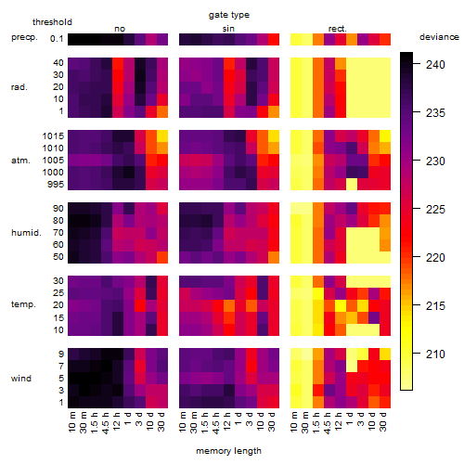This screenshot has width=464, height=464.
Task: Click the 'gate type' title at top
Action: click(229, 15)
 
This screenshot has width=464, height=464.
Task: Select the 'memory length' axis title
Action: click(228, 451)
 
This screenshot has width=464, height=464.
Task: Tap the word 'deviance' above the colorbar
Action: click(439, 37)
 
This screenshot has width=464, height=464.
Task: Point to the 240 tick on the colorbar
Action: click(417, 64)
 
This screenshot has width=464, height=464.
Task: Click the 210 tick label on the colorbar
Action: click(435, 354)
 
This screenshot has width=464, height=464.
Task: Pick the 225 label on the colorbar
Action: click(435, 210)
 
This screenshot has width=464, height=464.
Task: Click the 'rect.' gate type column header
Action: click(338, 29)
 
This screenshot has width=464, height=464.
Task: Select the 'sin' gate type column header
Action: click(228, 29)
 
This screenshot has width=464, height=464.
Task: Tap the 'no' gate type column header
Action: click(120, 29)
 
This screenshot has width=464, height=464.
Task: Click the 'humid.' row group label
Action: click(26, 233)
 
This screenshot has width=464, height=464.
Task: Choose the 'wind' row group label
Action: click(21, 379)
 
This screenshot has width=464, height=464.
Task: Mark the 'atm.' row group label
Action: click(20, 161)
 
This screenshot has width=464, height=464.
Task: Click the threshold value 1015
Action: click(53, 135)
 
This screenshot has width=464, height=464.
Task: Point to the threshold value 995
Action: click(56, 185)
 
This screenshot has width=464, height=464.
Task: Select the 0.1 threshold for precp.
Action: click(57, 39)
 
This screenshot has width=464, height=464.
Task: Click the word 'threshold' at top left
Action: click(52, 22)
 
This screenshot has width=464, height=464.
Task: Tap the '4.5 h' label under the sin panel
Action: click(216, 422)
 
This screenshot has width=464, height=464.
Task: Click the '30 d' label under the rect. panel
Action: click(383, 421)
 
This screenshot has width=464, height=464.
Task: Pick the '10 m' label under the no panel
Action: click(71, 421)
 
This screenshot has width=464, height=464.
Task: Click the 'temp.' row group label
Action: click(23, 304)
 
